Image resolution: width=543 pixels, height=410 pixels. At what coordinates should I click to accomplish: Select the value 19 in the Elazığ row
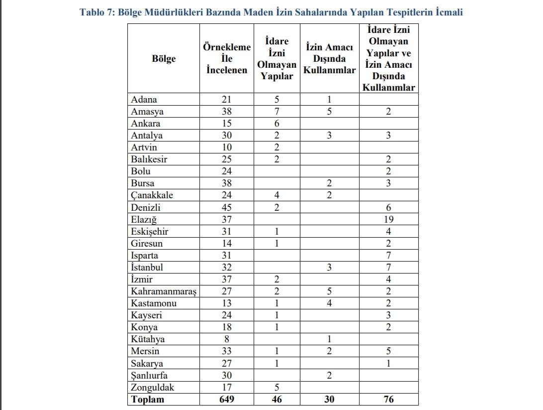tap(389, 220)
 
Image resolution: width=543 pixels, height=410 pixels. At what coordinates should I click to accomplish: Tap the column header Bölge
tap(164, 59)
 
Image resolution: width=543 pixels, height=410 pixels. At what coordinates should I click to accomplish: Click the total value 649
tap(226, 400)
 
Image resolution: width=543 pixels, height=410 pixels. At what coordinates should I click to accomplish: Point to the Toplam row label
tap(147, 400)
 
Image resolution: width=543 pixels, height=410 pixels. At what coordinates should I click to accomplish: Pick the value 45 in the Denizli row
tap(226, 208)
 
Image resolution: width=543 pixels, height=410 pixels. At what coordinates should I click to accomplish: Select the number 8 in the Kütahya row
tap(226, 340)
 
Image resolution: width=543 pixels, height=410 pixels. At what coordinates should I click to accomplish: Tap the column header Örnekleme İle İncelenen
tap(226, 59)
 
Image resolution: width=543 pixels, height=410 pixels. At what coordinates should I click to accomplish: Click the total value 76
tap(389, 400)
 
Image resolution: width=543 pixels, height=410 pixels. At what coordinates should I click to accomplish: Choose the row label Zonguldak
tap(153, 388)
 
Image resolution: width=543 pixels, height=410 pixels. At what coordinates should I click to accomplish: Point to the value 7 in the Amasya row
tap(276, 112)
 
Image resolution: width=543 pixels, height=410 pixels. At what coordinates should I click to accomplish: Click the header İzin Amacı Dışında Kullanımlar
tap(329, 59)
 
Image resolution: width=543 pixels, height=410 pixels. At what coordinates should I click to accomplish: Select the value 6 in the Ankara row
tap(276, 124)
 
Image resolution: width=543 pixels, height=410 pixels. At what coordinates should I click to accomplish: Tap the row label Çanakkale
tap(152, 196)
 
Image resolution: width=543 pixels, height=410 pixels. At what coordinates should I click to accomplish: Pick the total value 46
tap(276, 400)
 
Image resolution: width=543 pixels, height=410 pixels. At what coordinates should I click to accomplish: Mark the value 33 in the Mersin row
tap(226, 352)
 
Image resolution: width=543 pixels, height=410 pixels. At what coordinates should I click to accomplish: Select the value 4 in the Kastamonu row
tap(329, 303)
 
